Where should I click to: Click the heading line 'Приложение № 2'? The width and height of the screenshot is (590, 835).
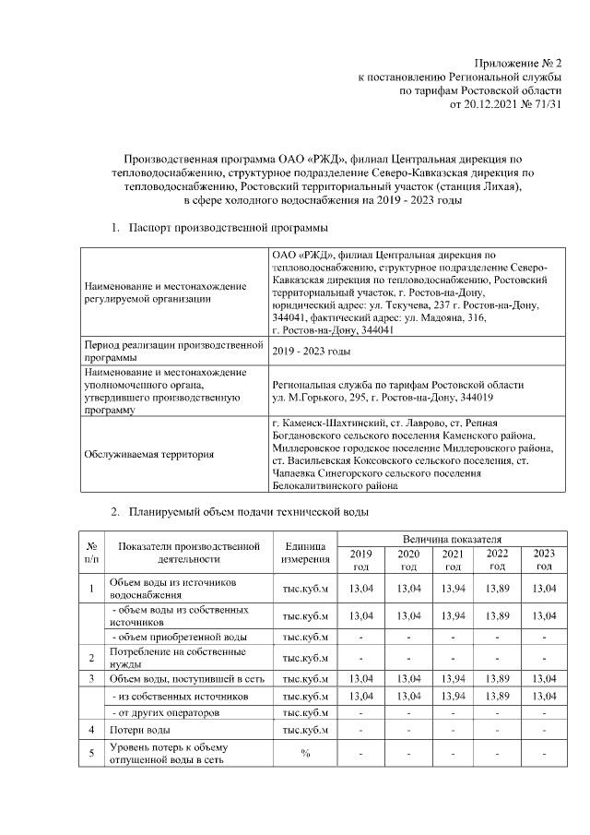click(x=516, y=62)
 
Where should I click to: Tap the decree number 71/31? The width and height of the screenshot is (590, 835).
click(x=545, y=106)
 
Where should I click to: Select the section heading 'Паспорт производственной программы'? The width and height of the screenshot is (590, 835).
click(x=228, y=226)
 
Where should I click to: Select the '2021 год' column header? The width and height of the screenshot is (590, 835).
click(x=452, y=559)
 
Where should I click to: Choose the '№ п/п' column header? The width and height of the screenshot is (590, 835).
click(x=91, y=552)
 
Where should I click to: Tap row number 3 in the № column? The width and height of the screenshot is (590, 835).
click(x=91, y=679)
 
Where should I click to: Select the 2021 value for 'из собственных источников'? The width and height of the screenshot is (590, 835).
click(x=452, y=697)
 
